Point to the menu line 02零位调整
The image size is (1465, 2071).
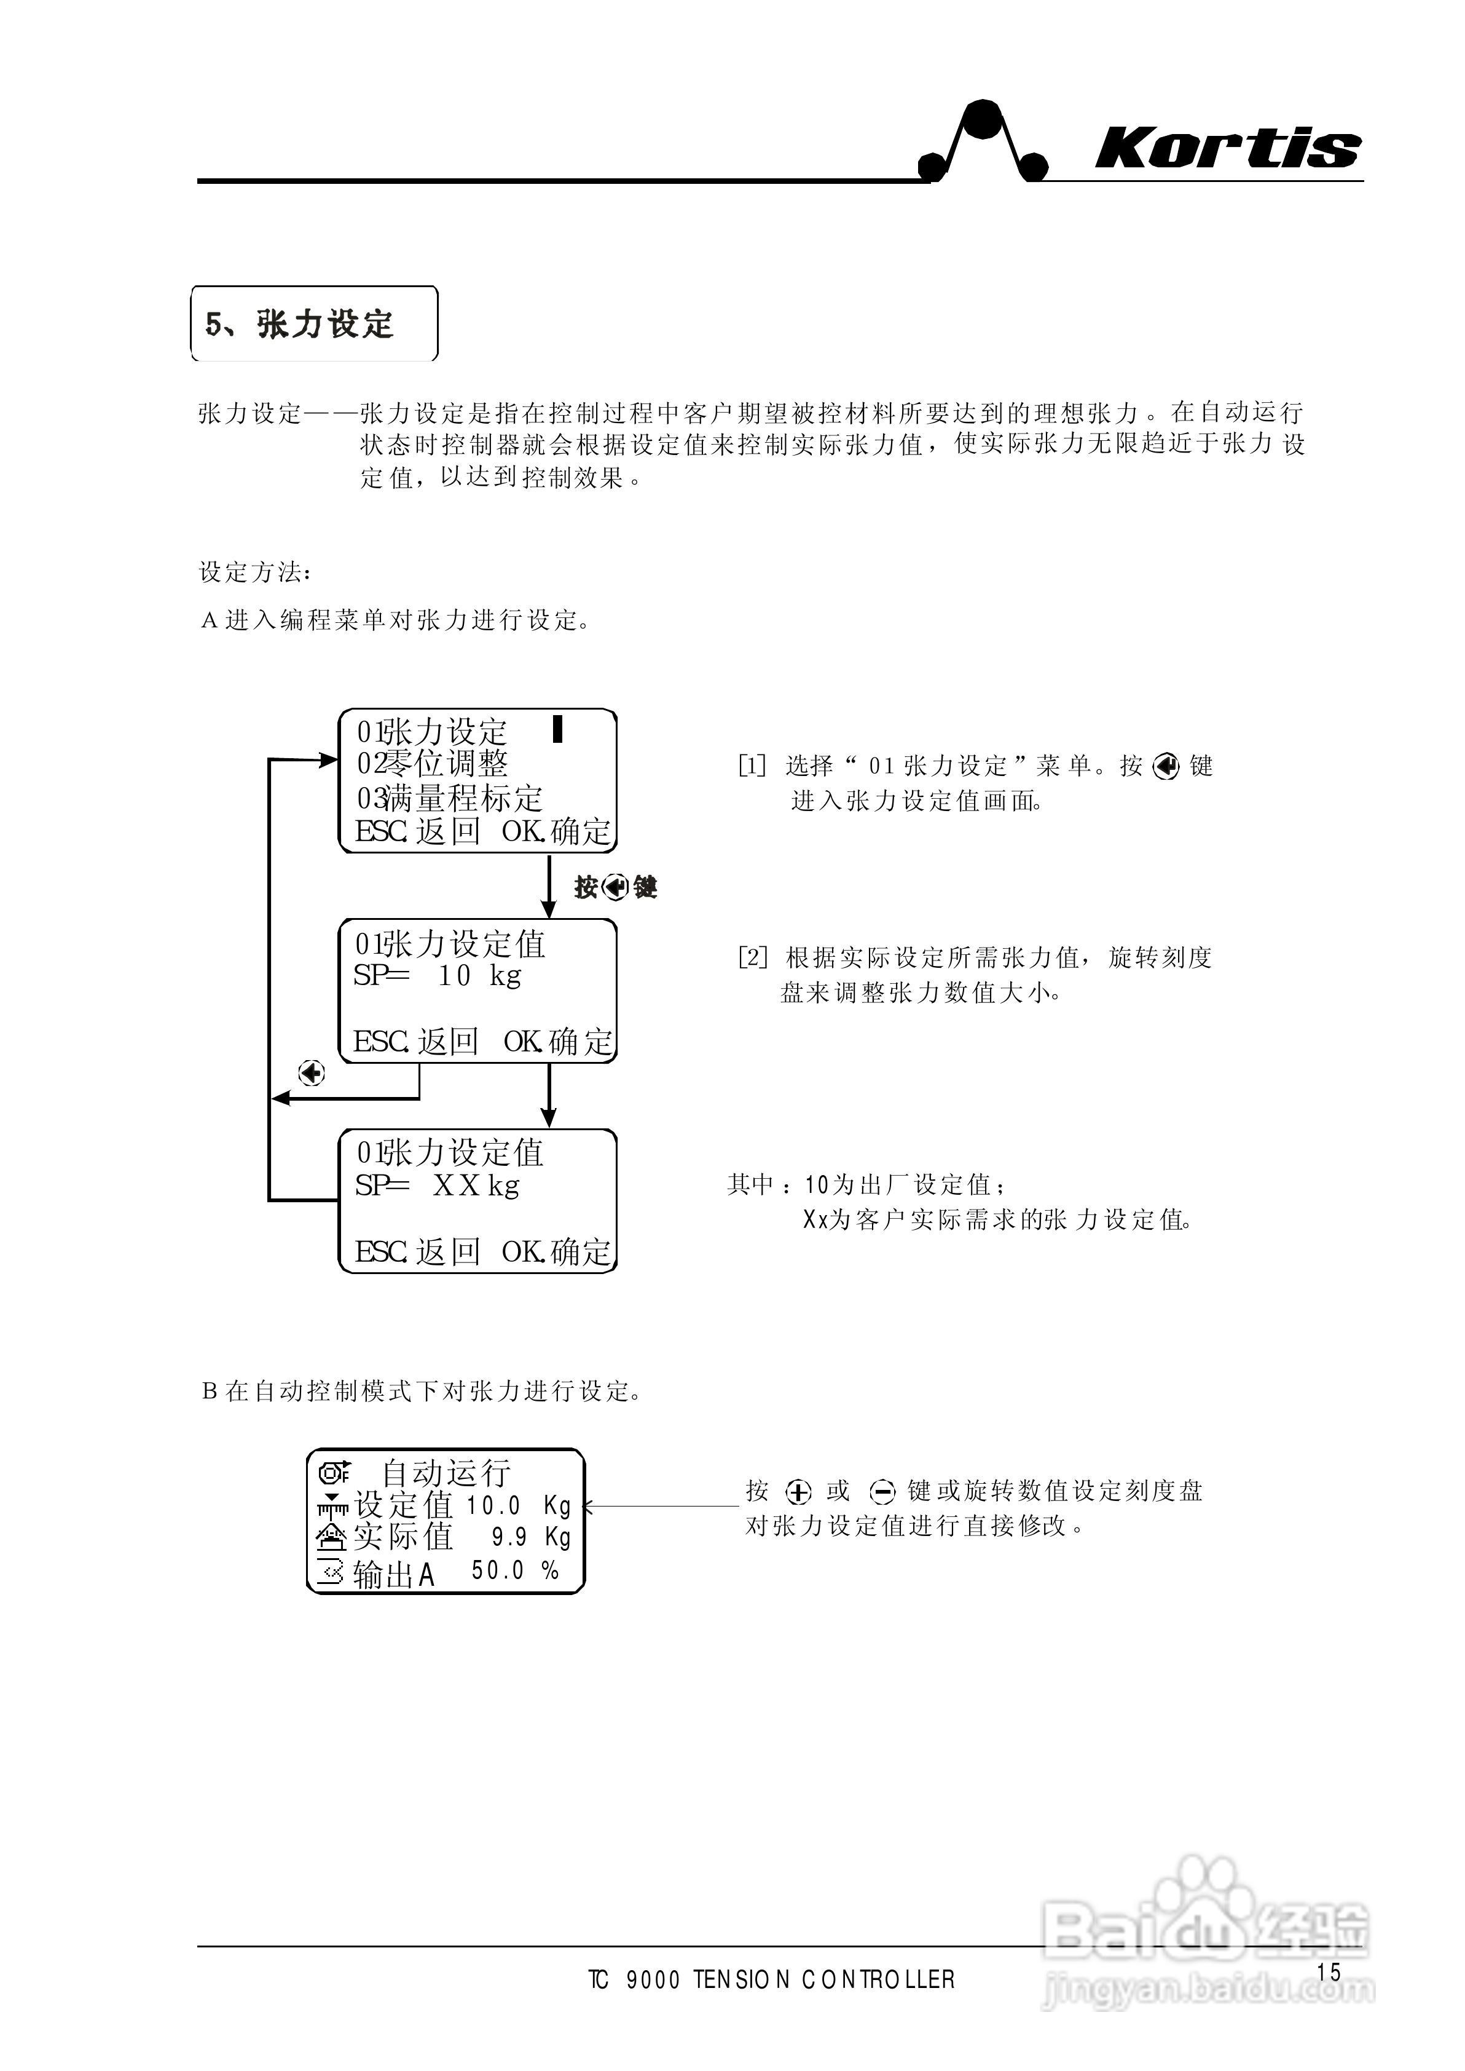point(433,764)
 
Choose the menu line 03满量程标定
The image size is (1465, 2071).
point(449,798)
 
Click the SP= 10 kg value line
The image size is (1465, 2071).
point(438,975)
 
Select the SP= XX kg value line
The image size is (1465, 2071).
point(438,1186)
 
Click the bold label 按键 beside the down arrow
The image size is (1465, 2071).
point(615,888)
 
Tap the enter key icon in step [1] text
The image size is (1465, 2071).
point(1166,767)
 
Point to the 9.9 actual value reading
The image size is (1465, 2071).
point(509,1537)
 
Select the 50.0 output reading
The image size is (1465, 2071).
point(498,1570)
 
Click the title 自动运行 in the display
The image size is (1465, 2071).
point(447,1473)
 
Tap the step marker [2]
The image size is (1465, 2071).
point(752,957)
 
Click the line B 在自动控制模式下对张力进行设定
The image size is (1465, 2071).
point(422,1390)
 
